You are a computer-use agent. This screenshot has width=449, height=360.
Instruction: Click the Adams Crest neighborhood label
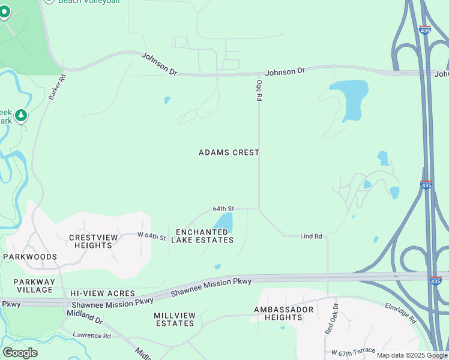tap(229, 152)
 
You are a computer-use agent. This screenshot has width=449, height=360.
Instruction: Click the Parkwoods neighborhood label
tap(30, 257)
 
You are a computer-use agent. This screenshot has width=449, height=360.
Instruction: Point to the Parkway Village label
tap(34, 286)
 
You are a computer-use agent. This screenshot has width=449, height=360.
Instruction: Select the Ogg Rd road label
tap(259, 90)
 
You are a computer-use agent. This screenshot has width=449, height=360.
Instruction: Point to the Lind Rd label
tap(311, 236)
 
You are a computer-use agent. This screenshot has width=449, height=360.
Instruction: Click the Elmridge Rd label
tap(400, 313)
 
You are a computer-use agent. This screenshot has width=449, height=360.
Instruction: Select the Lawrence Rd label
tap(92, 335)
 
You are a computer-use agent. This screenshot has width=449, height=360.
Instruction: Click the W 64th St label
tap(151, 236)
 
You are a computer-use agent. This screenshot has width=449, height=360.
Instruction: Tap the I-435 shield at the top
tap(425, 29)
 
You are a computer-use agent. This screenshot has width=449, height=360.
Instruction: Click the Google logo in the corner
tap(20, 352)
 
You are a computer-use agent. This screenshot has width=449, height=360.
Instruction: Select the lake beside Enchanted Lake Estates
tap(224, 222)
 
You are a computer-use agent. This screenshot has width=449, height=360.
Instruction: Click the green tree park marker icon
tap(21, 115)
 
